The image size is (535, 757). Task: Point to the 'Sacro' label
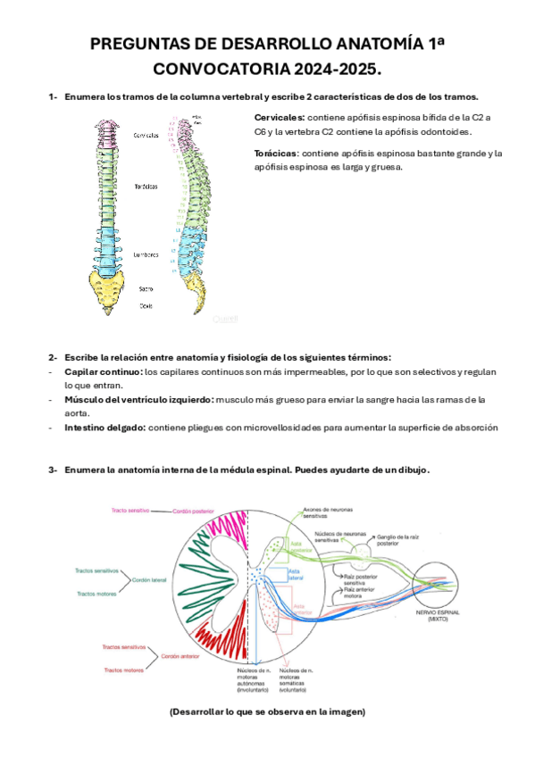pyautogui.click(x=146, y=288)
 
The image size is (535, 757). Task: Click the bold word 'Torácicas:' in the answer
pyautogui.click(x=274, y=154)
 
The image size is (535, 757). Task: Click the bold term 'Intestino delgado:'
pyautogui.click(x=105, y=428)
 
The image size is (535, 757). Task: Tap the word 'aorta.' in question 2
pyautogui.click(x=79, y=413)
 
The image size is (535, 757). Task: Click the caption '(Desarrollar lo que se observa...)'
pyautogui.click(x=267, y=711)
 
